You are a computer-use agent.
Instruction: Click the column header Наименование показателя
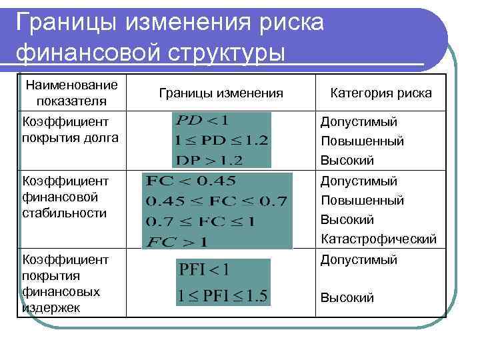point(71,93)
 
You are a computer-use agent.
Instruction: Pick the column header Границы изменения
point(221,93)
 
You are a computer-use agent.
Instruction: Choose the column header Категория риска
point(381,93)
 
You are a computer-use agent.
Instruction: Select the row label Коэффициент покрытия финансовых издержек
point(61,282)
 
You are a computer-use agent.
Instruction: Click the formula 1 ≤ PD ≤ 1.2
point(220,140)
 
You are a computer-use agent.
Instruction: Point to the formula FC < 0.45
point(191,181)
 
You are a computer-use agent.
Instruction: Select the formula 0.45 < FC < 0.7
point(216,201)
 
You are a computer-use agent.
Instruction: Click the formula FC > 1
point(176,239)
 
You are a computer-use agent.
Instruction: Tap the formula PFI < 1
point(204,271)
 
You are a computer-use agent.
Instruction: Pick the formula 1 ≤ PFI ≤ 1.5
point(223,297)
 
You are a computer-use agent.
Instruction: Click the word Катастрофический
point(379,239)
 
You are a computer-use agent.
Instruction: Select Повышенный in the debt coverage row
point(362,141)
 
